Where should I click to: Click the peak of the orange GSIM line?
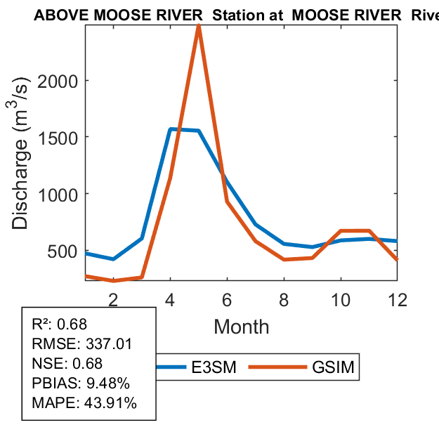[x=199, y=27]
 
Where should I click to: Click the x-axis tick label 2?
[x=113, y=300]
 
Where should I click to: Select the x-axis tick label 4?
[x=170, y=300]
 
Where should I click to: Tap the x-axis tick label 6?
[x=227, y=300]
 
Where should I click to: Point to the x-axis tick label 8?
[x=284, y=300]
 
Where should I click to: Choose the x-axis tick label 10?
[x=341, y=300]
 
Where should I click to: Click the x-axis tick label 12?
[x=398, y=300]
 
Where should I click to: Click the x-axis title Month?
[x=241, y=326]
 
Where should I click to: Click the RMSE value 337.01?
[x=108, y=344]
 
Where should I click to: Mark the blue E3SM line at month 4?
[x=170, y=129]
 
